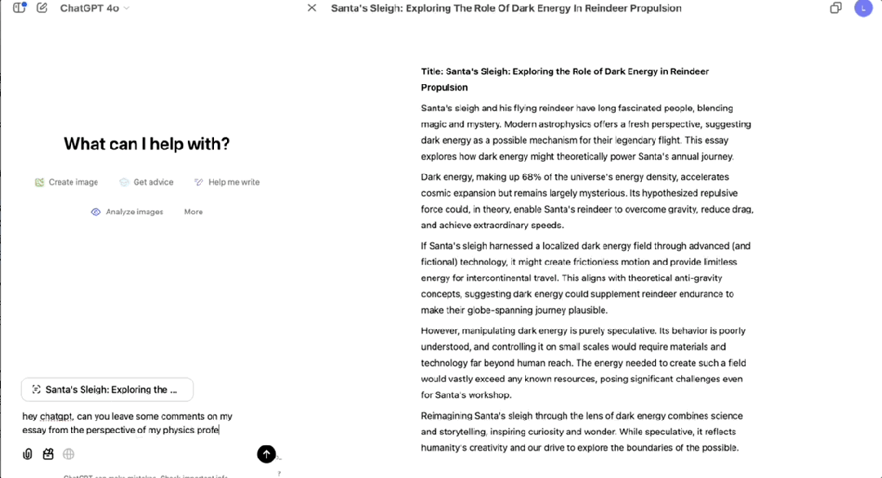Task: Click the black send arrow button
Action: coord(266,454)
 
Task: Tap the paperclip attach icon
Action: coord(28,453)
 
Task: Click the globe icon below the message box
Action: coord(69,453)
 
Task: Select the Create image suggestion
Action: coord(66,182)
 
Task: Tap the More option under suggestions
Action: coord(194,212)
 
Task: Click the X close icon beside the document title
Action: coord(311,8)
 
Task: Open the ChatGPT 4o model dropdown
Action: coord(95,8)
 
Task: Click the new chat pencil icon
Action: coord(42,8)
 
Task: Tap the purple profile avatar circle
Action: coord(863,8)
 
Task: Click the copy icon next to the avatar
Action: coord(835,8)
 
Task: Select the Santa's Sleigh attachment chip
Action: coord(107,390)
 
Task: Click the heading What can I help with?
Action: coord(147,145)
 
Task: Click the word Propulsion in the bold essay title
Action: coord(444,87)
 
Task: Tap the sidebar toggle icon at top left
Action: coord(20,8)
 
